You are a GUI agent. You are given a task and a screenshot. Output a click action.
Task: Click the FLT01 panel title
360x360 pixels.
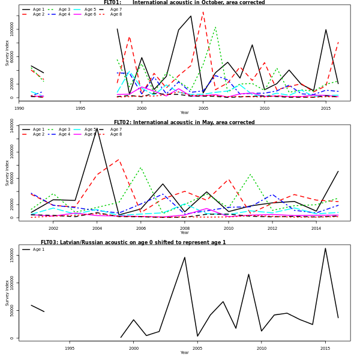click(184, 2)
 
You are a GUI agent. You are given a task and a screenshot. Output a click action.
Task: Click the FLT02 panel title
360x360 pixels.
click(184, 122)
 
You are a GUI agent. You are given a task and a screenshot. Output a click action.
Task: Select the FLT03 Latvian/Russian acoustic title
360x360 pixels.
click(133, 242)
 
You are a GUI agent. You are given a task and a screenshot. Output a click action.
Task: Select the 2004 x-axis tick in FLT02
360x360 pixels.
click(97, 229)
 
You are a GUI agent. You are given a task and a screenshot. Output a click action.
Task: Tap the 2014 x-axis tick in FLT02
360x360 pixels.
click(316, 229)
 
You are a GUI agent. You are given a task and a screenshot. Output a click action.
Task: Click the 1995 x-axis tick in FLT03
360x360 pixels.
click(70, 348)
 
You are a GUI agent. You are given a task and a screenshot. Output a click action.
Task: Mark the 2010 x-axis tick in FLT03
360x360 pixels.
click(262, 348)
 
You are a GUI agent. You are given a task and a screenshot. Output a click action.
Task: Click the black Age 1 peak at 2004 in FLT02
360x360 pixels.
click(97, 128)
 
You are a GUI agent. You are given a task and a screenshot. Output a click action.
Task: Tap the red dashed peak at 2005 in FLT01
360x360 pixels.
click(203, 12)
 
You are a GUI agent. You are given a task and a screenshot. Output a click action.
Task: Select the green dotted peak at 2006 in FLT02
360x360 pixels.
click(141, 167)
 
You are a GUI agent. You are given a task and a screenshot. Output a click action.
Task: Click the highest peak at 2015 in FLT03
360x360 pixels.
click(325, 248)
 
